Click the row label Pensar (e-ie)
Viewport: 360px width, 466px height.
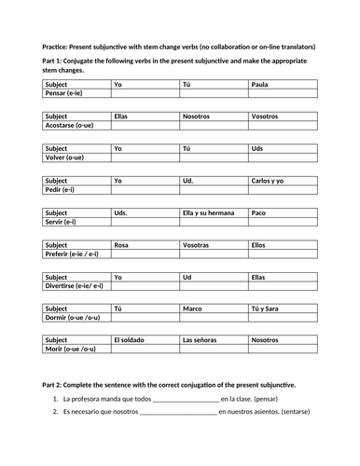(64, 93)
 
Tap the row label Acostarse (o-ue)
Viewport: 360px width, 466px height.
(73, 126)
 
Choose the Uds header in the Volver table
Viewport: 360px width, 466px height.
(257, 148)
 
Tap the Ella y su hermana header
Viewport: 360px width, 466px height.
(207, 212)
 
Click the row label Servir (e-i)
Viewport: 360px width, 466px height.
(62, 222)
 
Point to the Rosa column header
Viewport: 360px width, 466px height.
(121, 244)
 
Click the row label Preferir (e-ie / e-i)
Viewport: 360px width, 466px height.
(77, 254)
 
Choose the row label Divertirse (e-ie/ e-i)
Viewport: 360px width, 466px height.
(78, 286)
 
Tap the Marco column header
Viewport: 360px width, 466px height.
(193, 308)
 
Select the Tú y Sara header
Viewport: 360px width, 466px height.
(266, 308)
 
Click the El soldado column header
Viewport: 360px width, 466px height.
(131, 340)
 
